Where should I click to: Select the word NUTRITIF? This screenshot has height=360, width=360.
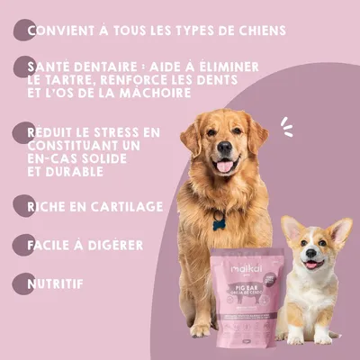pyautogui.click(x=55, y=283)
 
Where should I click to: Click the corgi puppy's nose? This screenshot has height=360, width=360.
pyautogui.click(x=312, y=253)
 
